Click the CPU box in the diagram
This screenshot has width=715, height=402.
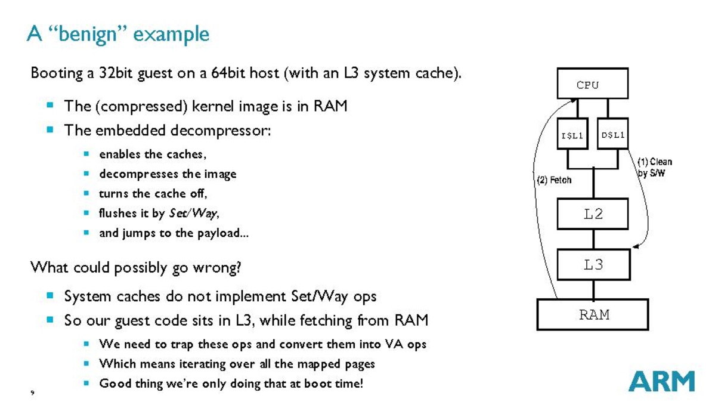click(x=592, y=84)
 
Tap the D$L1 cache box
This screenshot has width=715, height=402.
click(x=612, y=135)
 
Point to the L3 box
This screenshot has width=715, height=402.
click(x=593, y=265)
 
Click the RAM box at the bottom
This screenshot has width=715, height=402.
click(x=592, y=314)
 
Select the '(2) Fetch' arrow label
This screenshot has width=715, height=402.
click(x=554, y=180)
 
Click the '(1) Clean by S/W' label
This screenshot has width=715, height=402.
click(x=654, y=167)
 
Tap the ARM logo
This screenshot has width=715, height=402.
click(x=661, y=381)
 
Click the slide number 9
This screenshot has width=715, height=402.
click(x=32, y=392)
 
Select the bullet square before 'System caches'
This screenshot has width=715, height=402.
click(x=50, y=295)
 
